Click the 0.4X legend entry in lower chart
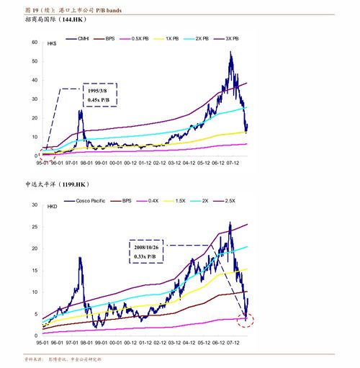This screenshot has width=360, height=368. [x=157, y=200]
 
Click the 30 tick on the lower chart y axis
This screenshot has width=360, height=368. [x=34, y=205]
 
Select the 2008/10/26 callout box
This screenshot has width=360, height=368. [x=148, y=252]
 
